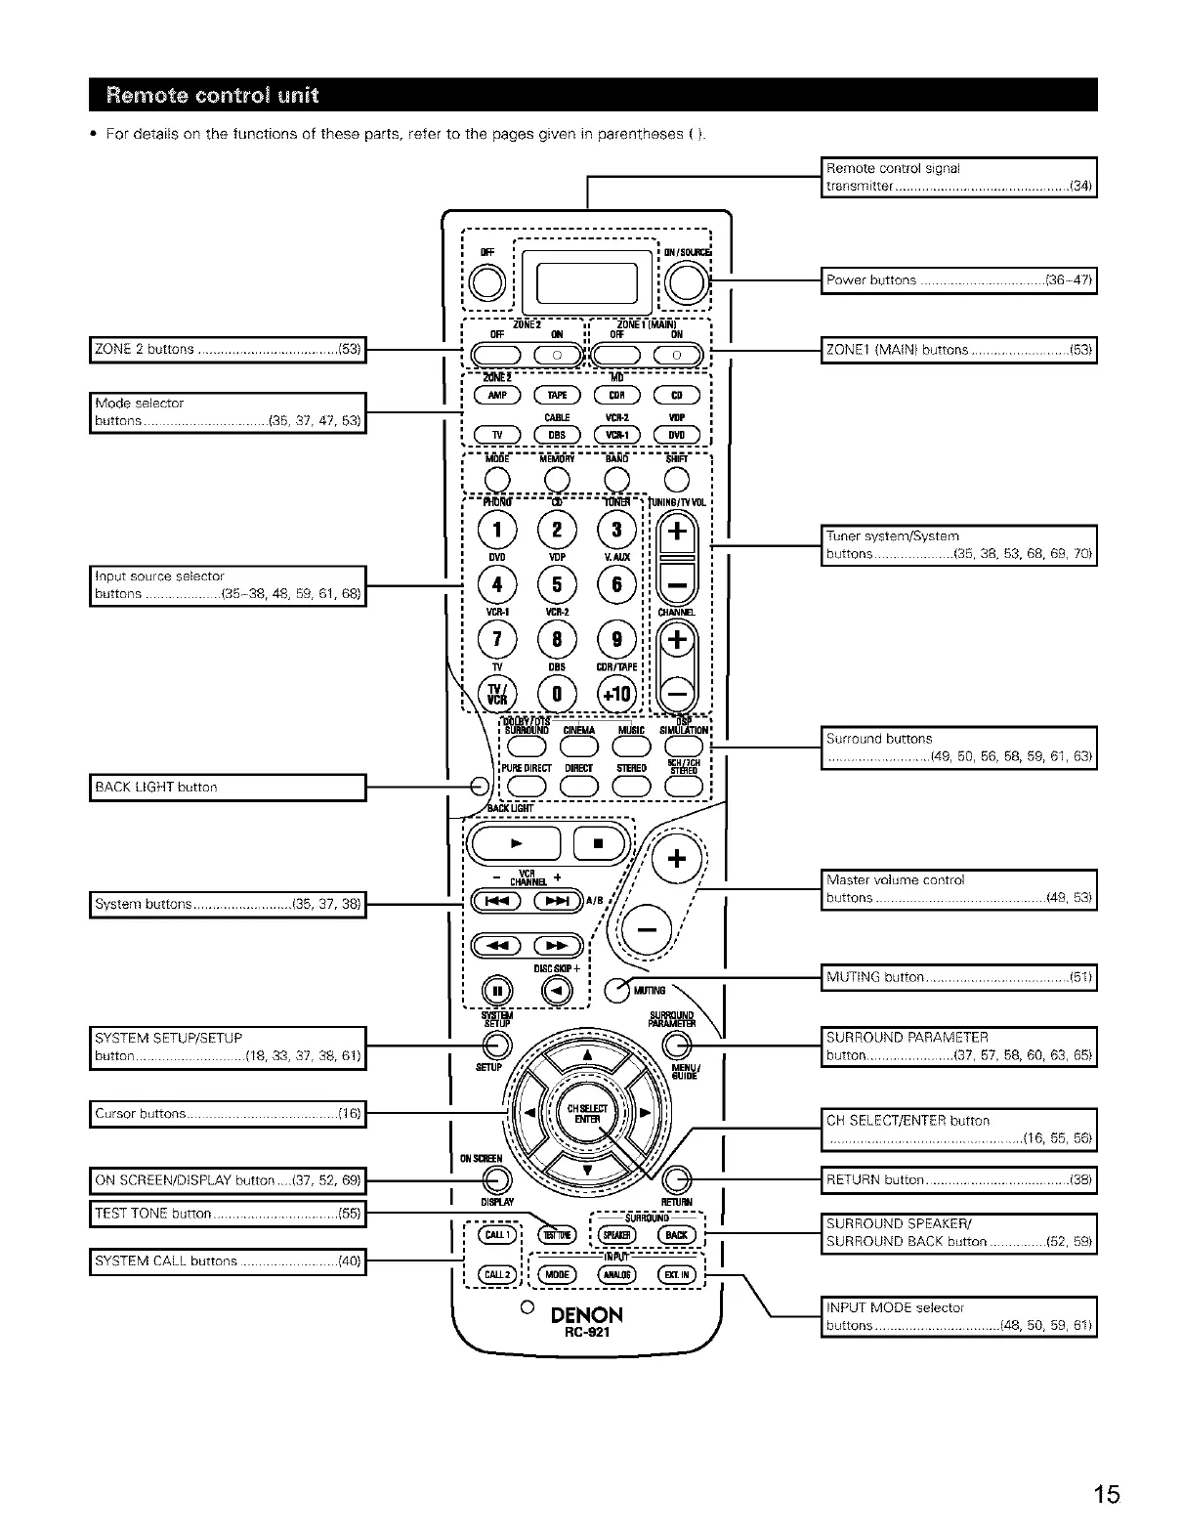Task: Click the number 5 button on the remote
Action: [x=557, y=585]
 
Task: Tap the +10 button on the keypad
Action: [x=616, y=695]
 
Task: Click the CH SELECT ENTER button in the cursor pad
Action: [x=587, y=1114]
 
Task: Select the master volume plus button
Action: [x=676, y=860]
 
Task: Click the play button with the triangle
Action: [x=516, y=843]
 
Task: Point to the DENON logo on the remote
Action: [x=586, y=1315]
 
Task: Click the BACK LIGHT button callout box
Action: [x=228, y=788]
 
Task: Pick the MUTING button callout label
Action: [x=959, y=977]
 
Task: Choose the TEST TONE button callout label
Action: [x=228, y=1214]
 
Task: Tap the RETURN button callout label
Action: [x=959, y=1180]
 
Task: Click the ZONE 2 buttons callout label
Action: [x=228, y=349]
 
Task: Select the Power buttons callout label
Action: [x=959, y=280]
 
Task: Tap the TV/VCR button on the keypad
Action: [x=496, y=694]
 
